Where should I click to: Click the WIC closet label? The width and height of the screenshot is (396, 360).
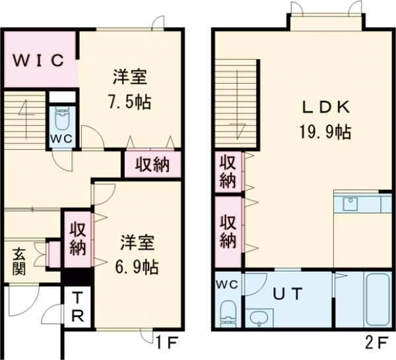click(x=38, y=61)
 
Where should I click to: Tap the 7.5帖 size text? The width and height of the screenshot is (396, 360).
click(x=130, y=102)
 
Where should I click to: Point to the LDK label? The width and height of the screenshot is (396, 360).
click(x=326, y=107)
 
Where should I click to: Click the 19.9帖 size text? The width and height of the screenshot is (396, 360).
click(x=325, y=132)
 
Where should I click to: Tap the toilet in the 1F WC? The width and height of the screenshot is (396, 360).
click(x=62, y=118)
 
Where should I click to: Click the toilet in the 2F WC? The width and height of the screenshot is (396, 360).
click(x=228, y=313)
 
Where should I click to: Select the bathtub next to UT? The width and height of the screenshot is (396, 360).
click(x=378, y=300)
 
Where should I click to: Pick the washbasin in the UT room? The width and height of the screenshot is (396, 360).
click(x=259, y=318)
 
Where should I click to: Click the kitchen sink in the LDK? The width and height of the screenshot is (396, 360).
click(x=350, y=204)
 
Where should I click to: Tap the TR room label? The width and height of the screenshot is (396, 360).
click(x=78, y=308)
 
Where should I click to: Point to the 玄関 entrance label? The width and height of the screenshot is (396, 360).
click(x=19, y=261)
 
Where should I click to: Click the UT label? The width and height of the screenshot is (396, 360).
click(x=288, y=294)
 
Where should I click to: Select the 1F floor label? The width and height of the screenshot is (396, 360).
click(x=168, y=343)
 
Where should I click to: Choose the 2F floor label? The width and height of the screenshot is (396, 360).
click(x=376, y=343)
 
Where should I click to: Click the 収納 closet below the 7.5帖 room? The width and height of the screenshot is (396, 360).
click(x=153, y=165)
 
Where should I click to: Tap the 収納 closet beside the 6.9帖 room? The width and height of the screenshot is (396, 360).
click(x=78, y=239)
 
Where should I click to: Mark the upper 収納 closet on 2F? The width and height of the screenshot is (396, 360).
click(x=228, y=172)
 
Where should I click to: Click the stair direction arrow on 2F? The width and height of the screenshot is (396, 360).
click(x=238, y=104)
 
